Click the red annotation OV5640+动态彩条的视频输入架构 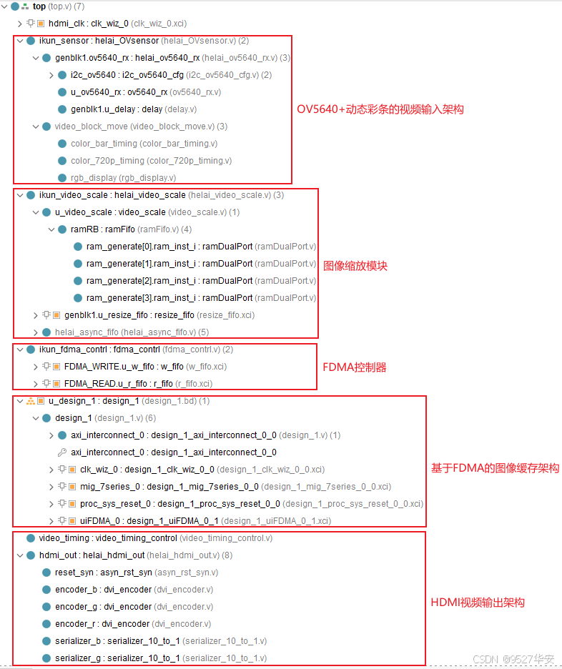tap(380, 109)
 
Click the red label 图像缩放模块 tap(355, 266)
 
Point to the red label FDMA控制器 tap(355, 367)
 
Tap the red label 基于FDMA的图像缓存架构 tap(495, 469)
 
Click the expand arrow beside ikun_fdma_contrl tap(19, 350)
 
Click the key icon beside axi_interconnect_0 tap(61, 452)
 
